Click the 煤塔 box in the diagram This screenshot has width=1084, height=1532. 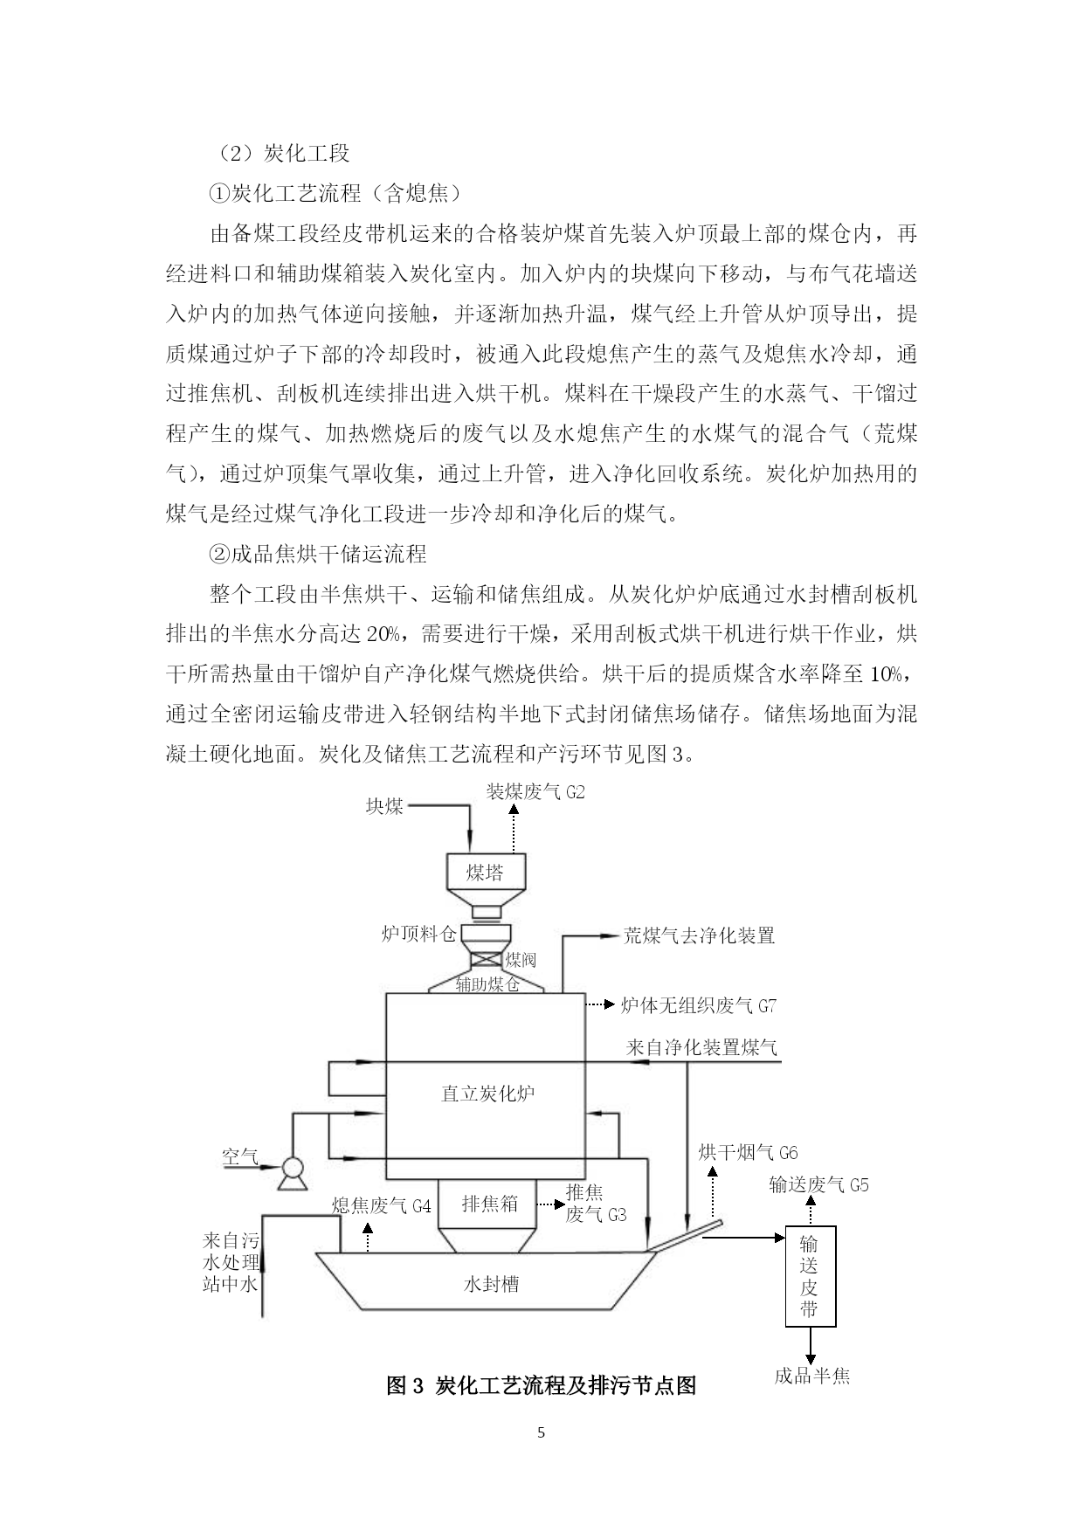click(x=484, y=872)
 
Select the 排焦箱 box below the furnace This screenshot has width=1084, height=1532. click(x=489, y=1204)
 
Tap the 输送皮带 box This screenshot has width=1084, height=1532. click(x=809, y=1277)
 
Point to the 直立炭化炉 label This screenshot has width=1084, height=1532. click(x=488, y=1093)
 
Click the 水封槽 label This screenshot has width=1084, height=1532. click(x=491, y=1284)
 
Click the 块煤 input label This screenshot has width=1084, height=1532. click(x=384, y=806)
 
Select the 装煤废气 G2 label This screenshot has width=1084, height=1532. click(x=535, y=792)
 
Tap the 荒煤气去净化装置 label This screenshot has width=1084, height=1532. click(x=699, y=935)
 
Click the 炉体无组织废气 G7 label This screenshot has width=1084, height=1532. click(x=698, y=1005)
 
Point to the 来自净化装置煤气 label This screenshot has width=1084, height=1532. click(x=701, y=1047)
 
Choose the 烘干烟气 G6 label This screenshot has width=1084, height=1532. click(x=748, y=1153)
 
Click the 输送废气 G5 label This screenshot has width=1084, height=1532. click(x=818, y=1184)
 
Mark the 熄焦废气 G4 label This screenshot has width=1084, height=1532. click(x=382, y=1206)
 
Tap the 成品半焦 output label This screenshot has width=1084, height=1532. click(x=811, y=1377)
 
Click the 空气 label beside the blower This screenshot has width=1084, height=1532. click(x=240, y=1156)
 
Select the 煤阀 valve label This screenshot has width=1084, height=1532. click(x=521, y=960)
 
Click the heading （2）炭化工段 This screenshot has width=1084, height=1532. click(x=280, y=154)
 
